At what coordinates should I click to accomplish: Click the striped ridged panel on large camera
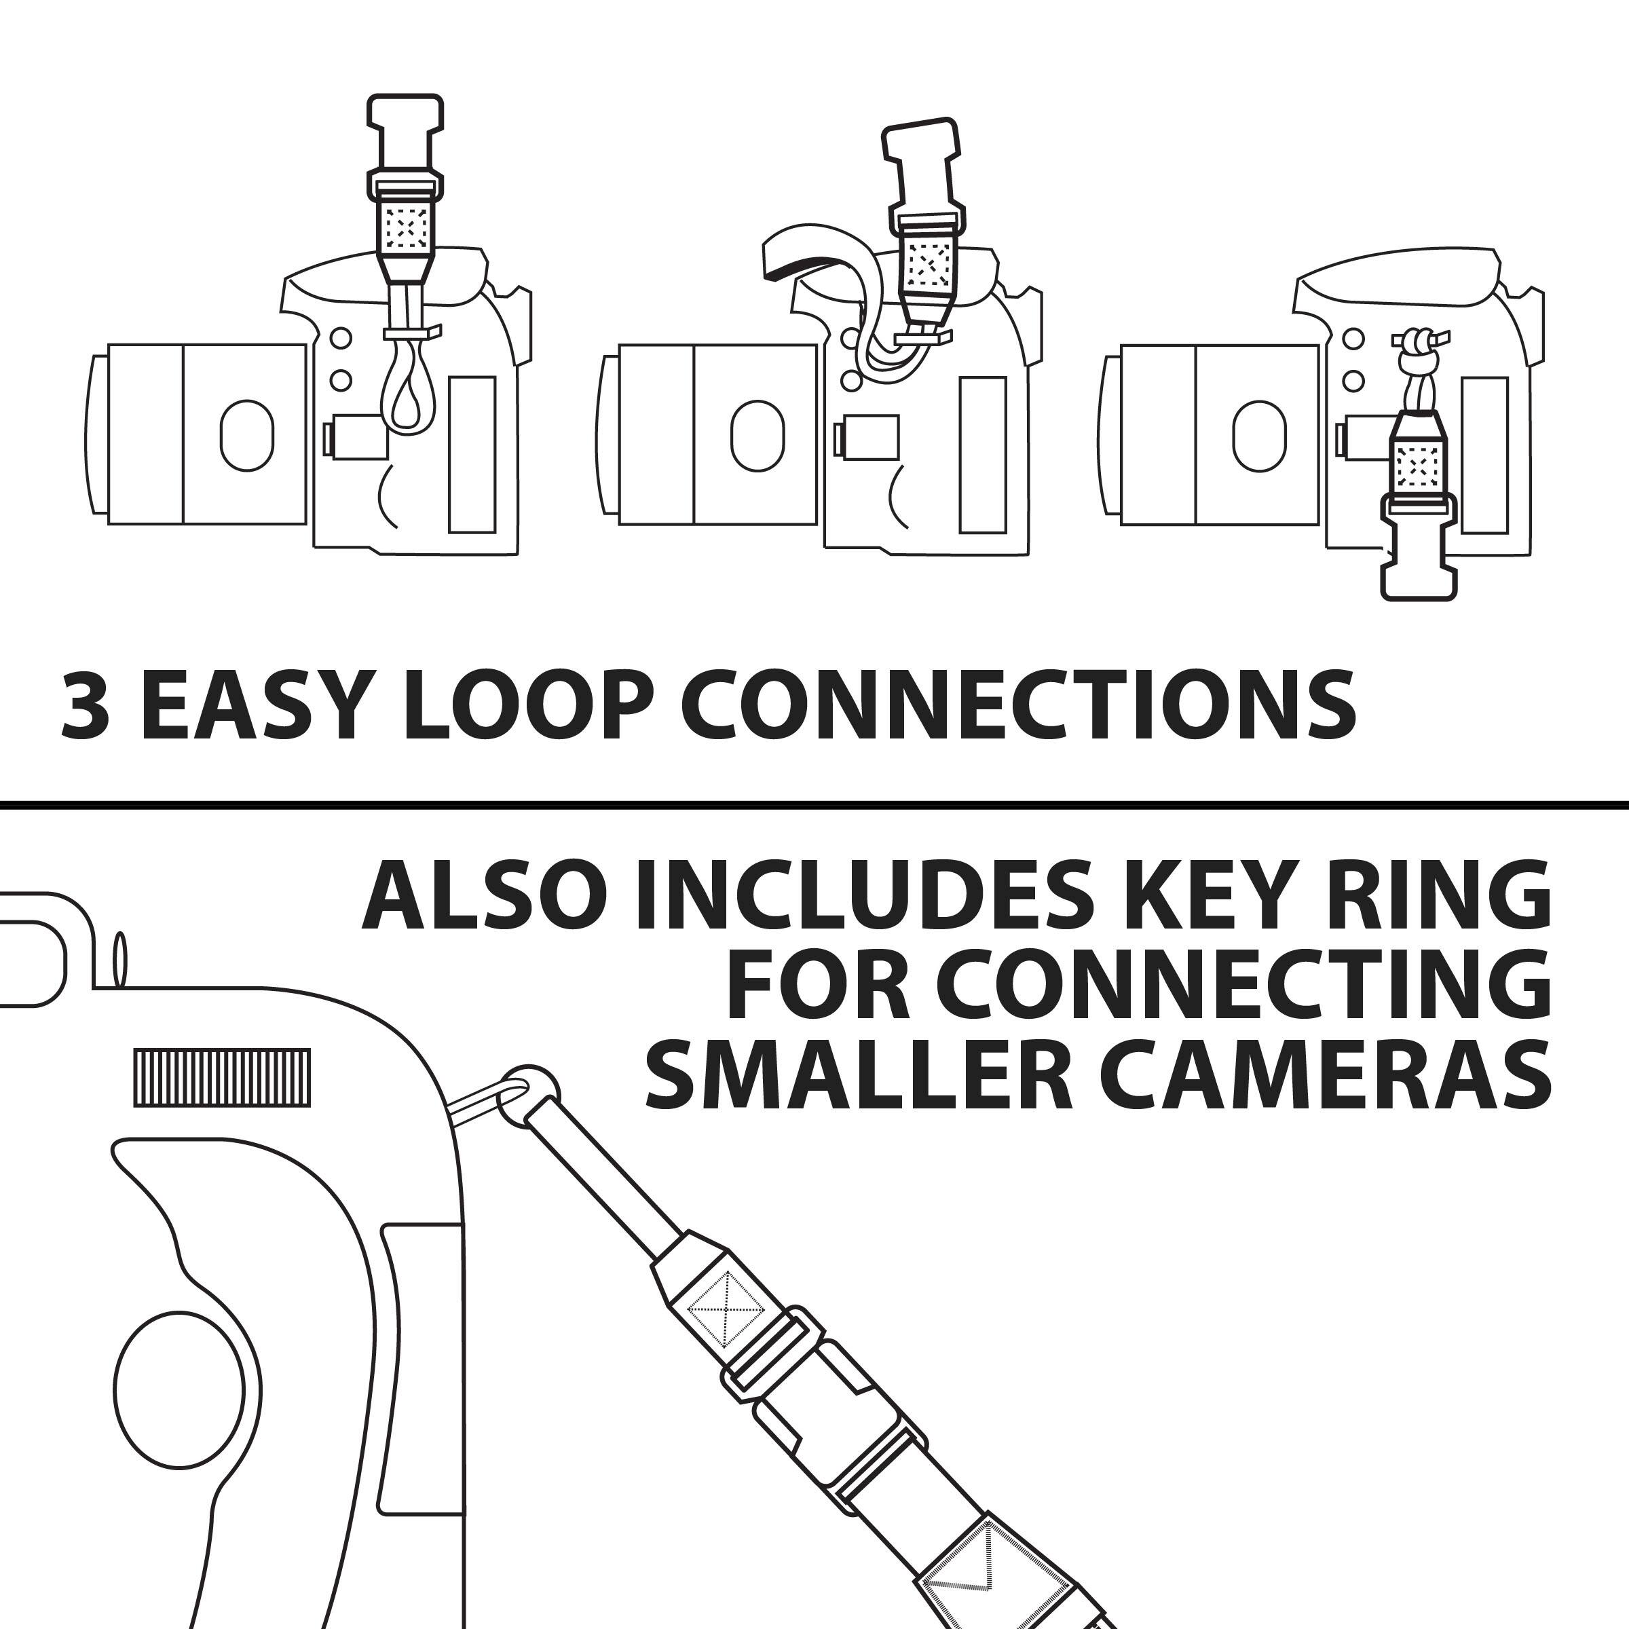click(x=222, y=1078)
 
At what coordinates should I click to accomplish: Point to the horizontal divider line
click(x=814, y=804)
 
